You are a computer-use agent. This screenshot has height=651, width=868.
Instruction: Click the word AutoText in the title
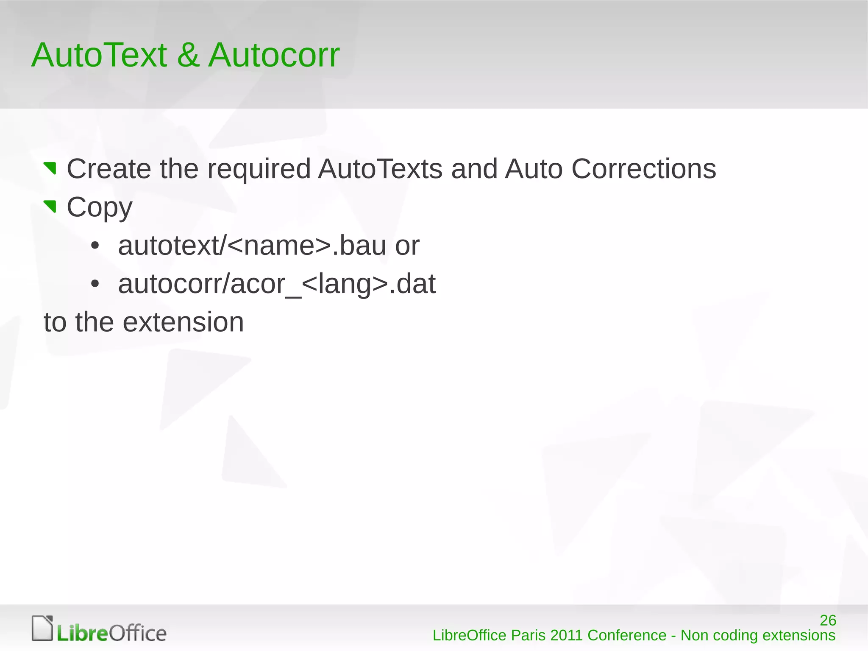99,55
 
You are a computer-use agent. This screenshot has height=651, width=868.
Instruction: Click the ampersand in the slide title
188,55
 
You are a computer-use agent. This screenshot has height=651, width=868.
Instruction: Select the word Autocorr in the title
274,55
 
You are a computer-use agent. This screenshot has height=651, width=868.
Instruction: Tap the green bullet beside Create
50,168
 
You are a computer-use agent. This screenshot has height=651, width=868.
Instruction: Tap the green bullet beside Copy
50,207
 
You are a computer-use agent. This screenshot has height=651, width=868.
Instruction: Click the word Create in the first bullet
108,169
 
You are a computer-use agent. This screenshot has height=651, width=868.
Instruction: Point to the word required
259,169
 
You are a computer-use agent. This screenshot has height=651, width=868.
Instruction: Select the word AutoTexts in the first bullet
380,169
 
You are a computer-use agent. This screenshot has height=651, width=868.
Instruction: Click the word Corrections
643,169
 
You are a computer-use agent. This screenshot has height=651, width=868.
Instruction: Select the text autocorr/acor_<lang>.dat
277,284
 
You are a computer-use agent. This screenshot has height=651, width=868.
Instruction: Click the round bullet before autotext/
95,246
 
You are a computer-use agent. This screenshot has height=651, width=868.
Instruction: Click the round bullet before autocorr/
95,284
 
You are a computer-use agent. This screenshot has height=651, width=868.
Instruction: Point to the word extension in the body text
183,322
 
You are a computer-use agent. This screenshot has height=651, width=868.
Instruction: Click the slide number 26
827,620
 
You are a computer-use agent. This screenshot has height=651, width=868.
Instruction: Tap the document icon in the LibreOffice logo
42,628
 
